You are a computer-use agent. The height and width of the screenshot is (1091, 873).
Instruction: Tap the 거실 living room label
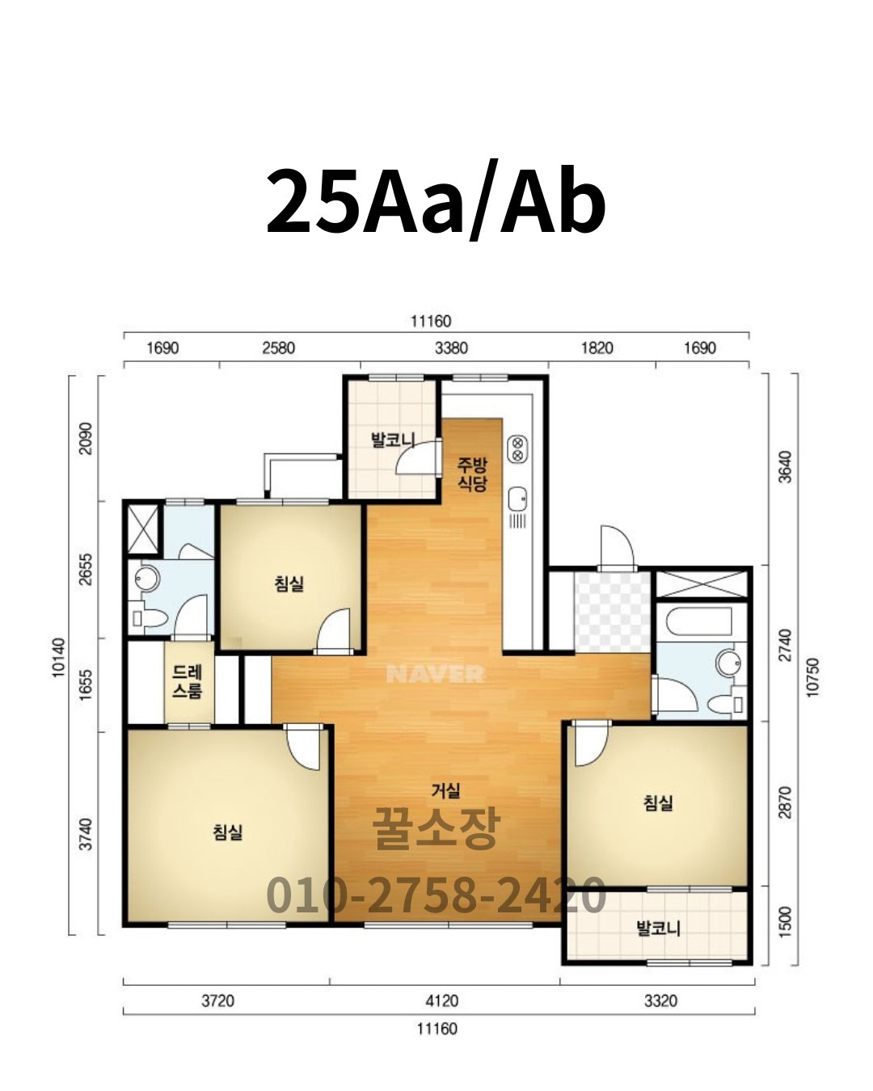[445, 790]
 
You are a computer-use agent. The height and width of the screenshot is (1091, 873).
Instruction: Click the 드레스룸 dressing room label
[188, 682]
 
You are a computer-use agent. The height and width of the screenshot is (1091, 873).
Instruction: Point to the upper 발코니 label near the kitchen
[393, 440]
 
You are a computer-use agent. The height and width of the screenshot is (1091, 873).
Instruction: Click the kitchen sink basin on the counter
[517, 499]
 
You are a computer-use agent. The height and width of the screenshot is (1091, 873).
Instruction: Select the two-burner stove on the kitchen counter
[517, 449]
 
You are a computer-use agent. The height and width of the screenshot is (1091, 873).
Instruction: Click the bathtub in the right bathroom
[699, 621]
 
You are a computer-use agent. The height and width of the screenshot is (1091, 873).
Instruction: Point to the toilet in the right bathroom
[725, 704]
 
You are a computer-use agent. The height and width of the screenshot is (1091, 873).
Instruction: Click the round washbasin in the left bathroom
[147, 579]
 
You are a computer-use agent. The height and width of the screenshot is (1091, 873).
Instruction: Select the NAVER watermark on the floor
[435, 674]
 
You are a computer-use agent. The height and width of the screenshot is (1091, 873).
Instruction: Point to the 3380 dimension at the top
[452, 348]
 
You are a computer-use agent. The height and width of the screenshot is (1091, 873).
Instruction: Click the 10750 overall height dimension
[812, 677]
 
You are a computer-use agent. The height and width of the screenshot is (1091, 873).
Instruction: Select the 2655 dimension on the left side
[86, 569]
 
